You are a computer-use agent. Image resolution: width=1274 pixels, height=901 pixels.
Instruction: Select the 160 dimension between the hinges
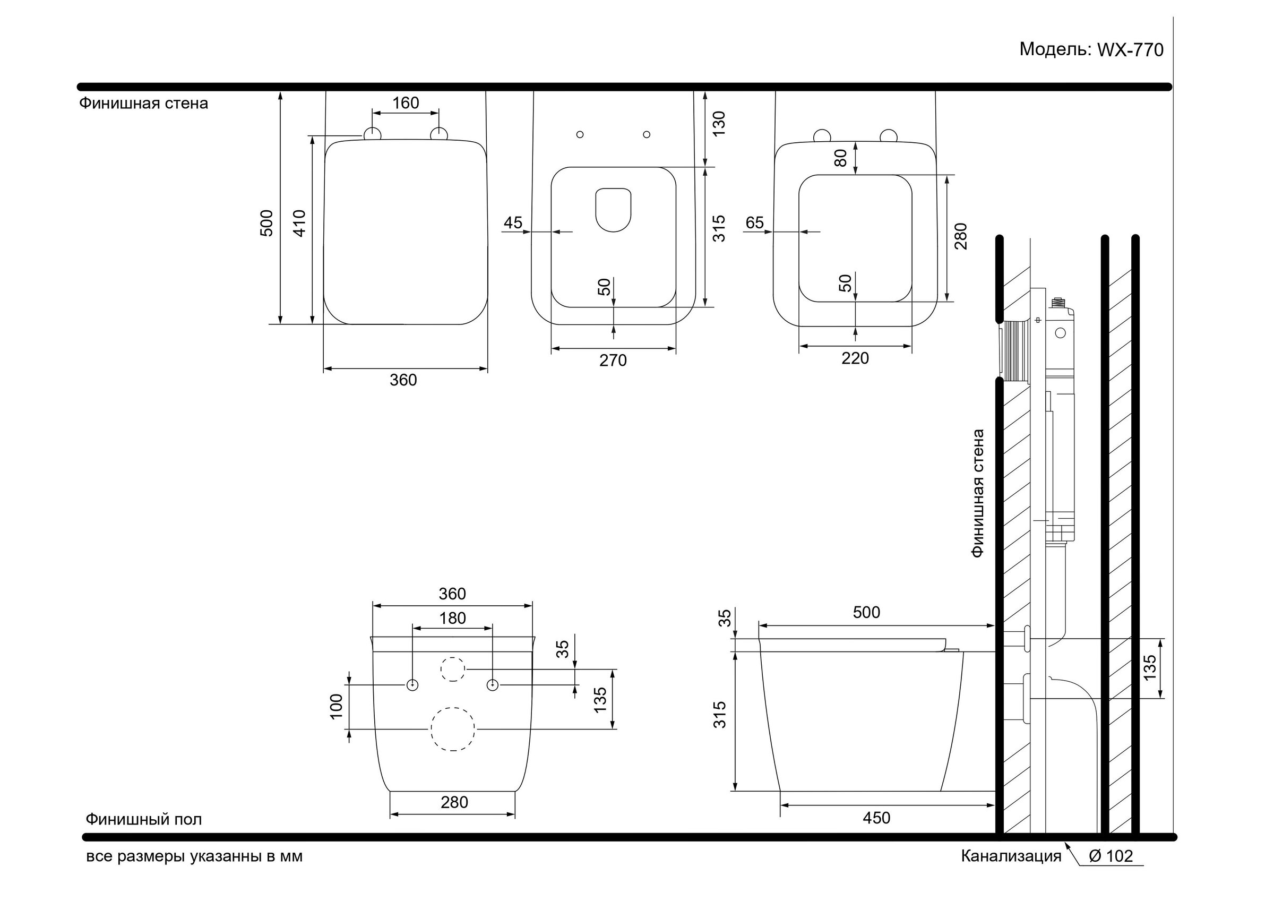406,103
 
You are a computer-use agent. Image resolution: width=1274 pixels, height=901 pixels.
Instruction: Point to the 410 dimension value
299,223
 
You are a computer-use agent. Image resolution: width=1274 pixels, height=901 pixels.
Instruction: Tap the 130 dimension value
719,124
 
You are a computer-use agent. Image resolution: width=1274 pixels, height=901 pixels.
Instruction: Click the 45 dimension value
513,222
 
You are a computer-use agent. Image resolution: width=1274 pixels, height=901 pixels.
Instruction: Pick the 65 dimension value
755,222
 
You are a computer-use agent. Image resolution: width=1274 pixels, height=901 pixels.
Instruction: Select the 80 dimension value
841,158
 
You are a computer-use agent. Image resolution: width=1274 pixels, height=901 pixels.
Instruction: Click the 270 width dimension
613,361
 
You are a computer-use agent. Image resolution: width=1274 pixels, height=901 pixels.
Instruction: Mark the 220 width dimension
855,358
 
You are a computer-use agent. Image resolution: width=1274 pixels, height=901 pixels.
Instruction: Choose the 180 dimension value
453,619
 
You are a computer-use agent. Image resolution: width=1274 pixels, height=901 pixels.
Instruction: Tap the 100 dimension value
337,707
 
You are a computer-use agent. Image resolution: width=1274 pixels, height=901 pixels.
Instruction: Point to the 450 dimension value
877,818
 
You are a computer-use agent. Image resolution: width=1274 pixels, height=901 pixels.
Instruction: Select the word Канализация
1011,856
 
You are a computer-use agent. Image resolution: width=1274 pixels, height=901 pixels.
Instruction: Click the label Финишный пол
144,819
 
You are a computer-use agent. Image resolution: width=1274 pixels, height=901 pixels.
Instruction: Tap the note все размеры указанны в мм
194,856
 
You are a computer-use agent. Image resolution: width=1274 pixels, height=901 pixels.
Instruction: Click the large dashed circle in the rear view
453,730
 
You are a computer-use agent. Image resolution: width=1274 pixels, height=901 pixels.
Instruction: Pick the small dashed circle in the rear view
453,669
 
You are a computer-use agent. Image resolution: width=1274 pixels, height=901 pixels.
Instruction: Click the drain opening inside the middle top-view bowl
613,210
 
